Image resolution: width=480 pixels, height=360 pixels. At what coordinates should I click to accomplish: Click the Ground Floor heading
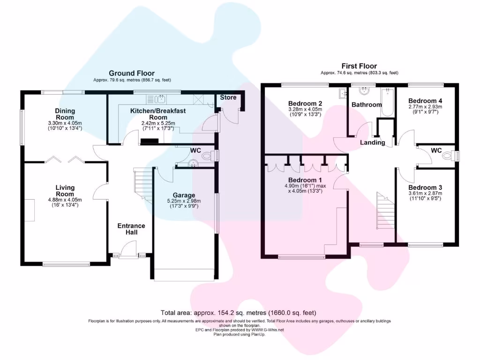pyautogui.click(x=132, y=73)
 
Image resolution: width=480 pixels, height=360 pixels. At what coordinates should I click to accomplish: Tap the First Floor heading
pyautogui.click(x=359, y=66)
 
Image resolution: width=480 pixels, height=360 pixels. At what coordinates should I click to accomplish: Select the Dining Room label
pyautogui.click(x=65, y=114)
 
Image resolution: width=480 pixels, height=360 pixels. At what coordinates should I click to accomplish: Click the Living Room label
pyautogui.click(x=65, y=191)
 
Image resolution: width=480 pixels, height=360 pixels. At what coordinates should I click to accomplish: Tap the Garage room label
pyautogui.click(x=184, y=195)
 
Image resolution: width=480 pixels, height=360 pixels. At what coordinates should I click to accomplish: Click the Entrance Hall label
pyautogui.click(x=131, y=229)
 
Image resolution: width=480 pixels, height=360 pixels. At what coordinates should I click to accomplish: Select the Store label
pyautogui.click(x=228, y=97)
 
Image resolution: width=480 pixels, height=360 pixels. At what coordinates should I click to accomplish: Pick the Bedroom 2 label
pyautogui.click(x=305, y=103)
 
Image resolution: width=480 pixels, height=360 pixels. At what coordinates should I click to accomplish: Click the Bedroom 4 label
pyautogui.click(x=425, y=100)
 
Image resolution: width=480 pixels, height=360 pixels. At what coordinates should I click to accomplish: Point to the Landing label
pyautogui.click(x=373, y=142)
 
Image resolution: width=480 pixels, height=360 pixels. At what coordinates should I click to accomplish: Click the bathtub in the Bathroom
pyautogui.click(x=387, y=102)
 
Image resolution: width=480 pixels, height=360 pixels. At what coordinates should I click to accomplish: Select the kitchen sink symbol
pyautogui.click(x=161, y=98)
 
